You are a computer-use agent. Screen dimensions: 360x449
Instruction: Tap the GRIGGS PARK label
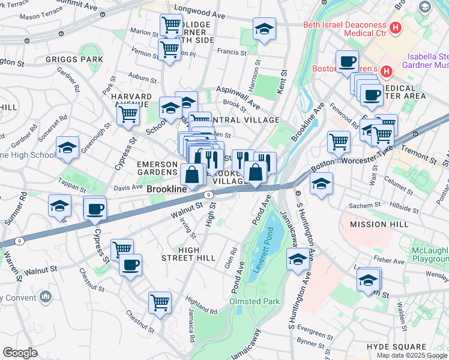(74, 60)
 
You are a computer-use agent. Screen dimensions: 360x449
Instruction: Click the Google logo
(20, 352)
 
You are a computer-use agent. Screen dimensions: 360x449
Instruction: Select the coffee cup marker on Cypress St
(95, 209)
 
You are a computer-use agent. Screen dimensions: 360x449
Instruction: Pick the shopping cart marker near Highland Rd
(160, 302)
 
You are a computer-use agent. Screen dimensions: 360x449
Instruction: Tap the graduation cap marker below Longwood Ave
(264, 29)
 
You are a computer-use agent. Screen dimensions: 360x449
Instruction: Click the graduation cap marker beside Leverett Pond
(298, 260)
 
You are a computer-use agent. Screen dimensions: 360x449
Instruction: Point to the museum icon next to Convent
(47, 296)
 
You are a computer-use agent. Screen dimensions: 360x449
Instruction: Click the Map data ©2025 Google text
(412, 355)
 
